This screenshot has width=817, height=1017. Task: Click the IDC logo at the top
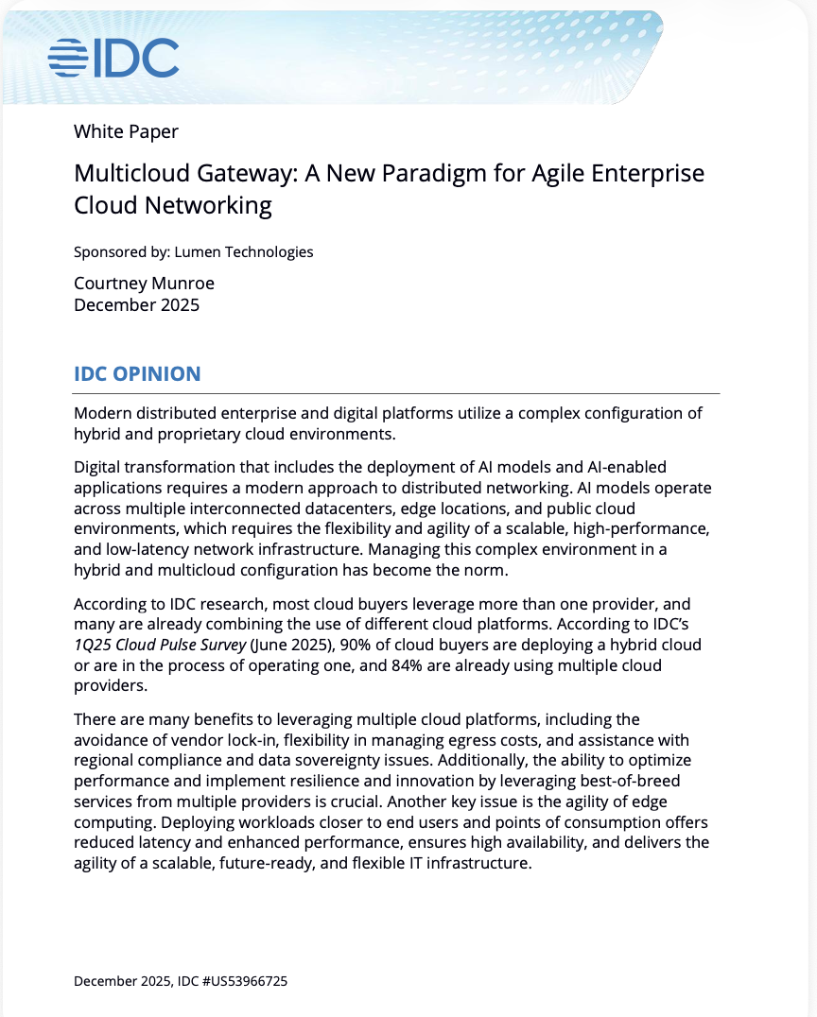click(113, 58)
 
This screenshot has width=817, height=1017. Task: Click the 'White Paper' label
click(126, 132)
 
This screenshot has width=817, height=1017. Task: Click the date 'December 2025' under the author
click(136, 305)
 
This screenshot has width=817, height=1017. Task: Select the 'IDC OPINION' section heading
click(137, 374)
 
